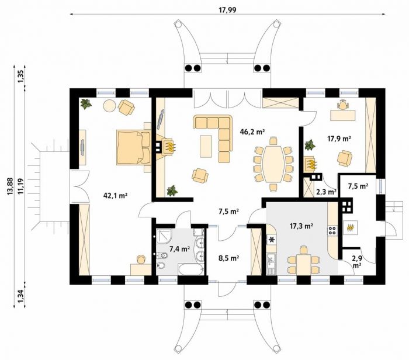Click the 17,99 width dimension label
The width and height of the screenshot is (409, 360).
(x=228, y=10)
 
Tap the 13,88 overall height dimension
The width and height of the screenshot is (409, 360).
(x=10, y=186)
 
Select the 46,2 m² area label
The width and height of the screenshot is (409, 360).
(x=252, y=131)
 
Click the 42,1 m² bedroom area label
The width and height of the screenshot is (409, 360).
(x=115, y=195)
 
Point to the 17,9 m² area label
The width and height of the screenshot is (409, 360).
(x=339, y=139)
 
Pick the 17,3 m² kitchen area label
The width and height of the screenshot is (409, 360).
(x=301, y=226)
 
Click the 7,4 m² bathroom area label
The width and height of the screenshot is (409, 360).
(x=179, y=249)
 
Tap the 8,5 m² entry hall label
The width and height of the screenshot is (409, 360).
(x=228, y=258)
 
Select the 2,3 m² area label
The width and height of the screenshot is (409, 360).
(x=326, y=192)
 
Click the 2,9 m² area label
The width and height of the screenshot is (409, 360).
(x=357, y=262)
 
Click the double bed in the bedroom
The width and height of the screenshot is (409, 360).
(x=134, y=148)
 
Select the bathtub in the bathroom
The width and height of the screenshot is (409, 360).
(x=191, y=269)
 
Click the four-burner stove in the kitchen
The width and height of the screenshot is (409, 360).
(x=332, y=230)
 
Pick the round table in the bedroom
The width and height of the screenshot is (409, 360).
(x=110, y=106)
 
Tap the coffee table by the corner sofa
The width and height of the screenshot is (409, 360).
(x=206, y=146)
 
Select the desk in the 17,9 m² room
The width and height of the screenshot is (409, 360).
(x=343, y=115)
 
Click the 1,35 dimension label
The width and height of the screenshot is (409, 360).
(x=21, y=77)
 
